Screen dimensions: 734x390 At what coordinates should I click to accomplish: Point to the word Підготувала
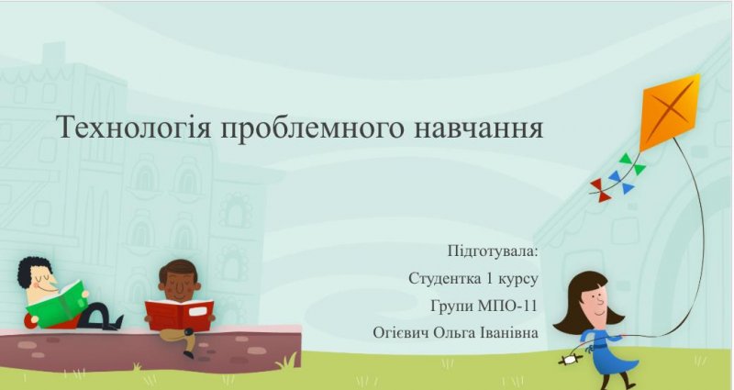pyautogui.click(x=493, y=251)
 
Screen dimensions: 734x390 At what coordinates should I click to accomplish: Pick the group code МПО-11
pyautogui.click(x=507, y=306)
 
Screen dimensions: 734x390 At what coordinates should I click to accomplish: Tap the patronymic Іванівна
pyautogui.click(x=509, y=332)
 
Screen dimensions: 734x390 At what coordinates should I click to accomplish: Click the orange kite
pyautogui.click(x=670, y=112)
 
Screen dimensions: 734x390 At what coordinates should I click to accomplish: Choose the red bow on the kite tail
pyautogui.click(x=601, y=190)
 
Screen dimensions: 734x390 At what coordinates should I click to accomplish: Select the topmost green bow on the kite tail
pyautogui.click(x=626, y=158)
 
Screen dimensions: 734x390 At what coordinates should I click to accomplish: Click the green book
pyautogui.click(x=56, y=304)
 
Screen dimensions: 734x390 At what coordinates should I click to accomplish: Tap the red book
pyautogui.click(x=179, y=314)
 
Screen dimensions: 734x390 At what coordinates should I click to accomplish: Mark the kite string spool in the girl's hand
pyautogui.click(x=570, y=360)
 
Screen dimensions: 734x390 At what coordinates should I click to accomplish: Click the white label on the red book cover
pyautogui.click(x=197, y=311)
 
